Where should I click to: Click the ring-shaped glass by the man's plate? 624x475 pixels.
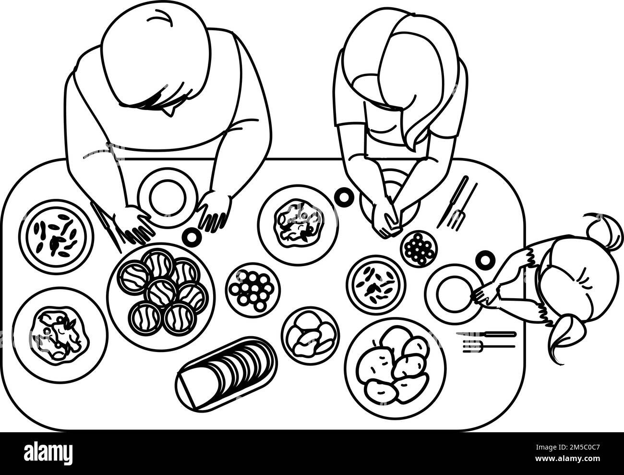192,236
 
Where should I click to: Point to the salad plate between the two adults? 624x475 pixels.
297,224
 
